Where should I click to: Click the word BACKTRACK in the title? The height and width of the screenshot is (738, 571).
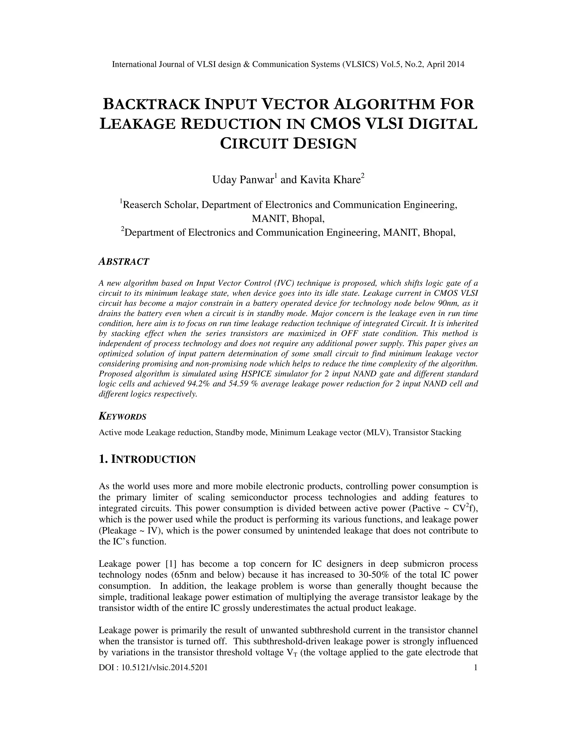click(x=151, y=104)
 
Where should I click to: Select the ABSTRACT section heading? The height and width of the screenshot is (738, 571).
click(x=124, y=262)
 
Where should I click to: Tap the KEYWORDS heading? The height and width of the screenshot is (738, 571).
click(x=122, y=417)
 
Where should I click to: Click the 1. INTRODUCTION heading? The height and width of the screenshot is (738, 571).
click(x=147, y=460)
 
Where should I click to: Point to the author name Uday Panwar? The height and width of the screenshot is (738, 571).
click(x=243, y=180)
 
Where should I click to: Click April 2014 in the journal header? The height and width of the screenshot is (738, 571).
click(x=445, y=64)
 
